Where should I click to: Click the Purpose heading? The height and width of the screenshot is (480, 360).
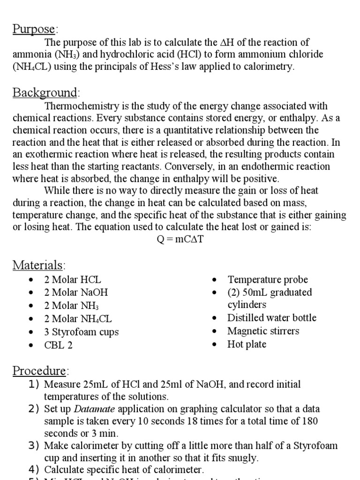[x=34, y=29]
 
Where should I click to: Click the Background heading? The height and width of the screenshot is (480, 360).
[x=45, y=92]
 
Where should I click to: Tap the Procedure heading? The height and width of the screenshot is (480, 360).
[x=40, y=371]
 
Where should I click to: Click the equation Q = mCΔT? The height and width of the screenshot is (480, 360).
[x=180, y=239]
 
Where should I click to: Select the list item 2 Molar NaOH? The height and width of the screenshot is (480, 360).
[x=76, y=292]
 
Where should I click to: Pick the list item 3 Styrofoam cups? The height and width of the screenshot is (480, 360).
[x=81, y=332]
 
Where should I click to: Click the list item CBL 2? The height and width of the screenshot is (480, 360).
[x=59, y=345]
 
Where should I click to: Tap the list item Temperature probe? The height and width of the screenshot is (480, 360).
[x=268, y=280]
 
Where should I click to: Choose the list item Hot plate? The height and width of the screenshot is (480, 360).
[x=247, y=344]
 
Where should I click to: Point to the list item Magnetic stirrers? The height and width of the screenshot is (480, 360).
[x=263, y=331]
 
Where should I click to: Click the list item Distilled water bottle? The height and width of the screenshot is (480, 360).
[x=272, y=318]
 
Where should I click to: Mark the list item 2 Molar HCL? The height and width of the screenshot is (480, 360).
[x=72, y=280]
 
